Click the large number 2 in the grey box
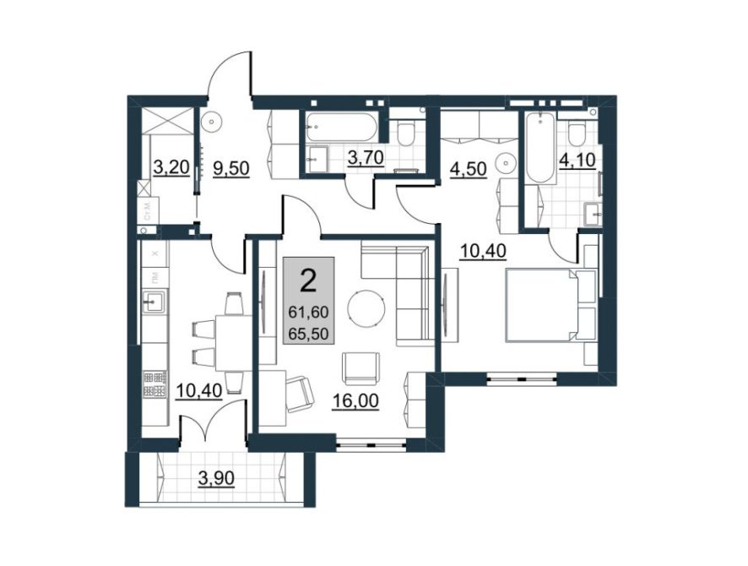tap(309, 280)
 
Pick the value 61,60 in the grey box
tap(309, 312)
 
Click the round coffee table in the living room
tap(368, 308)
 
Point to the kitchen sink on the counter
tap(154, 299)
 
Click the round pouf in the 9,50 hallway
tap(212, 122)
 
